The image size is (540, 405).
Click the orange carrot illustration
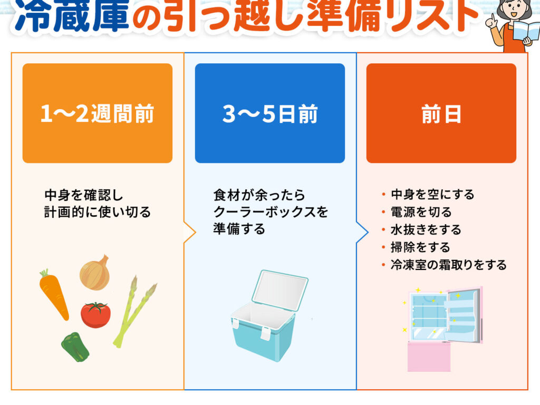click(x=54, y=294)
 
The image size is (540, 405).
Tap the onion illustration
click(x=95, y=273)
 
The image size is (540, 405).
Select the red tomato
click(x=96, y=314)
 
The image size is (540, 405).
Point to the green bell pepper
click(x=75, y=347)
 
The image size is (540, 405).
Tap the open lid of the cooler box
click(x=279, y=291)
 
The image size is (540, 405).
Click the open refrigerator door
click(x=463, y=315)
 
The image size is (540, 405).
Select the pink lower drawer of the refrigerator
click(x=429, y=356)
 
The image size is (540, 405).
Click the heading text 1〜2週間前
click(x=97, y=114)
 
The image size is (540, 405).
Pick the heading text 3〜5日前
click(x=270, y=114)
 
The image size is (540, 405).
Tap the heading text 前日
click(x=441, y=114)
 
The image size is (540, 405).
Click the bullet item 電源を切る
click(x=421, y=212)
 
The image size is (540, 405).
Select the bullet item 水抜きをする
click(x=426, y=229)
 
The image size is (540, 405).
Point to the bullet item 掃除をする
click(x=420, y=247)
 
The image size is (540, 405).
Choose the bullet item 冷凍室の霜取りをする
click(x=448, y=265)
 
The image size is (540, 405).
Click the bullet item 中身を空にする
click(x=432, y=194)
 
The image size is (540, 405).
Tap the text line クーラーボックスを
click(x=271, y=211)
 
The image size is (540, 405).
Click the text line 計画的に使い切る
click(x=98, y=212)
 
